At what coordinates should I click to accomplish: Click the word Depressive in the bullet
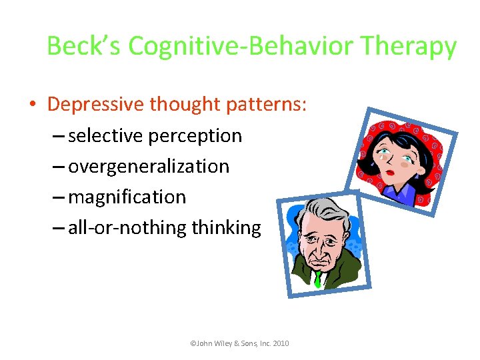click(96, 105)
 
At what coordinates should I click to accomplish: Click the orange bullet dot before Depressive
click(33, 105)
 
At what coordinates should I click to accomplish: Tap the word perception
click(195, 136)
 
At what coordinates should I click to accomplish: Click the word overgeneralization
click(149, 167)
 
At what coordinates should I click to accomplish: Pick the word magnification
click(127, 197)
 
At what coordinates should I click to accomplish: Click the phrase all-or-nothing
click(128, 228)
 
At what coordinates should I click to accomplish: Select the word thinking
click(227, 228)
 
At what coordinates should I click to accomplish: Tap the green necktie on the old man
click(319, 278)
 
